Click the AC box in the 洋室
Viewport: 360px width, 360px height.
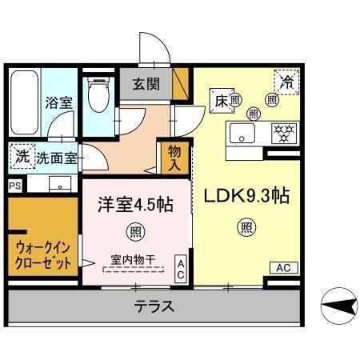tap(181, 268)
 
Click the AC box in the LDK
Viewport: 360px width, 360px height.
tap(284, 267)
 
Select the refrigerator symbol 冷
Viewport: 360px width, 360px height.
tap(286, 81)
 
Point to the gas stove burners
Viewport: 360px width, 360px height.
tap(282, 131)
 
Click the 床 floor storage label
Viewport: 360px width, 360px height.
tap(222, 101)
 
